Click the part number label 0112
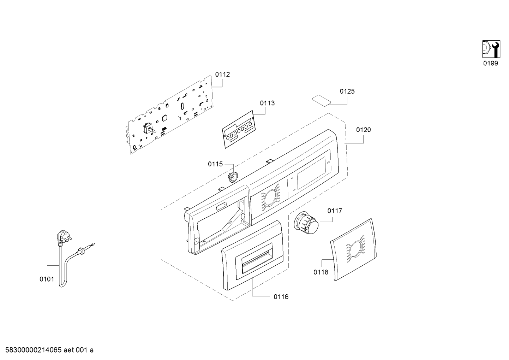(x=222, y=74)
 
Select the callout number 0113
(x=267, y=103)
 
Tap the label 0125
(x=347, y=91)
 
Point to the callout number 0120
(x=363, y=130)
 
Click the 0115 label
(x=215, y=164)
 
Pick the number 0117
(x=335, y=211)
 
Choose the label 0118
(x=321, y=272)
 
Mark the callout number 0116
(x=281, y=297)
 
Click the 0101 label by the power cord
(x=47, y=279)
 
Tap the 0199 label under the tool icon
(x=491, y=63)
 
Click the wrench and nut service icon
(x=491, y=49)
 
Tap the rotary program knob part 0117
(x=306, y=223)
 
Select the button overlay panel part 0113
(x=239, y=130)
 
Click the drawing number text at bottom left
(x=49, y=350)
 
